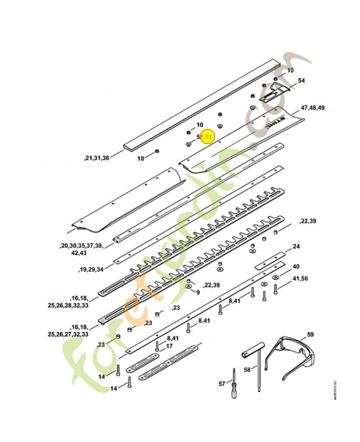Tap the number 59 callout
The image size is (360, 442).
(x=310, y=334)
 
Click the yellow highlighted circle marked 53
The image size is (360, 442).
(x=208, y=136)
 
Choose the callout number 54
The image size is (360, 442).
(x=301, y=81)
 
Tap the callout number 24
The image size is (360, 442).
(x=297, y=246)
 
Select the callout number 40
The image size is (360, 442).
(x=296, y=266)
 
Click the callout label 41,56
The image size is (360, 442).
(x=300, y=278)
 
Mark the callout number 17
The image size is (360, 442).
(x=170, y=346)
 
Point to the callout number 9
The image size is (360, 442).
(x=198, y=292)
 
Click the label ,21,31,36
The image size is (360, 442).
(x=97, y=158)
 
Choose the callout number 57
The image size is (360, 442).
(x=222, y=383)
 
